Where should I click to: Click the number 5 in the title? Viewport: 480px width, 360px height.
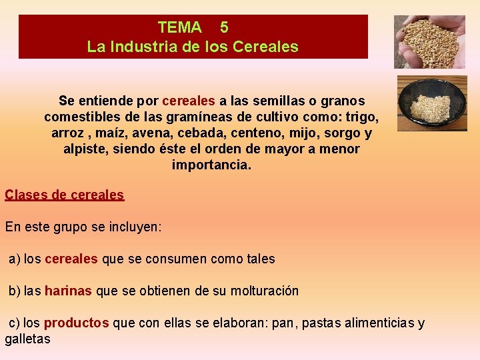pyautogui.click(x=224, y=27)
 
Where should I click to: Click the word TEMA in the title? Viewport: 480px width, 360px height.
pyautogui.click(x=179, y=27)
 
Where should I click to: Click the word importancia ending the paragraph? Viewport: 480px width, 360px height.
pyautogui.click(x=211, y=165)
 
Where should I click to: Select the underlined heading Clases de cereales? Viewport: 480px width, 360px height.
pyautogui.click(x=65, y=195)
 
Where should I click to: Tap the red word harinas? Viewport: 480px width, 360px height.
pyautogui.click(x=69, y=291)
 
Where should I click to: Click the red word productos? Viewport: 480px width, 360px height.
pyautogui.click(x=76, y=323)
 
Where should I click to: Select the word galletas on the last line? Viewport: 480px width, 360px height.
pyautogui.click(x=27, y=339)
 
